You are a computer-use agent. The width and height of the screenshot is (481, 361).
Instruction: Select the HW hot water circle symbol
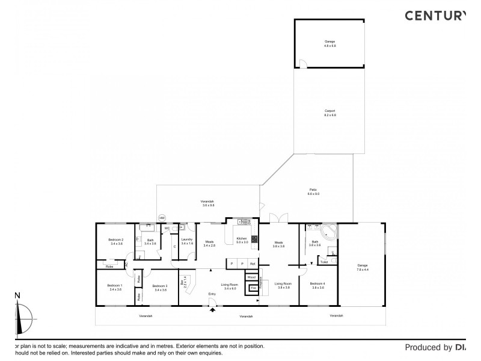coord(162,218)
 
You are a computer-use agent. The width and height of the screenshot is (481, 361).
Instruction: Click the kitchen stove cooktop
coord(254,239)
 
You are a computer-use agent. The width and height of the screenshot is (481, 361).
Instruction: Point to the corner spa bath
coord(328,232)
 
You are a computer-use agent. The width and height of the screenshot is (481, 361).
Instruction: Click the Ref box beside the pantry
coord(253,264)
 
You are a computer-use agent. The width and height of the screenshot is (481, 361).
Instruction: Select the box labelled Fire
coord(253,289)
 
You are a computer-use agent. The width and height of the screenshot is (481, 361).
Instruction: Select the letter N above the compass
coord(17,295)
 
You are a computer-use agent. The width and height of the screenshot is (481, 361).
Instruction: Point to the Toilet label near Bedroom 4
coord(323,262)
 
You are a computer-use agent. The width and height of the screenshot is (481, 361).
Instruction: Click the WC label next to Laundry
coord(167,229)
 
